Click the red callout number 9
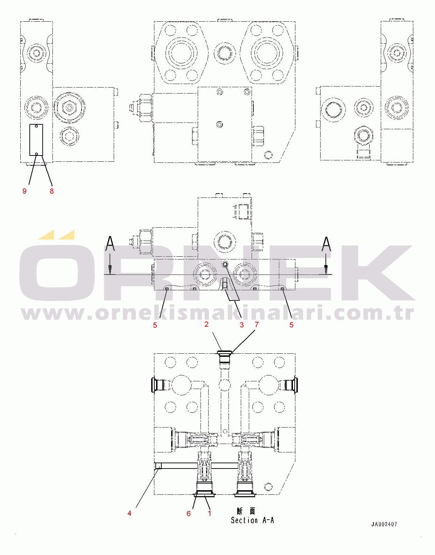click(24, 191)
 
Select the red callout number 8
click(51, 191)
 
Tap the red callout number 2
click(206, 324)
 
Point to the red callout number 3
click(241, 325)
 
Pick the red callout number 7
click(257, 324)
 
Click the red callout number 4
click(129, 513)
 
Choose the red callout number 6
click(188, 514)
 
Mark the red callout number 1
click(210, 513)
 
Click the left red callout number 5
click(155, 325)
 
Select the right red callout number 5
click(291, 325)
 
